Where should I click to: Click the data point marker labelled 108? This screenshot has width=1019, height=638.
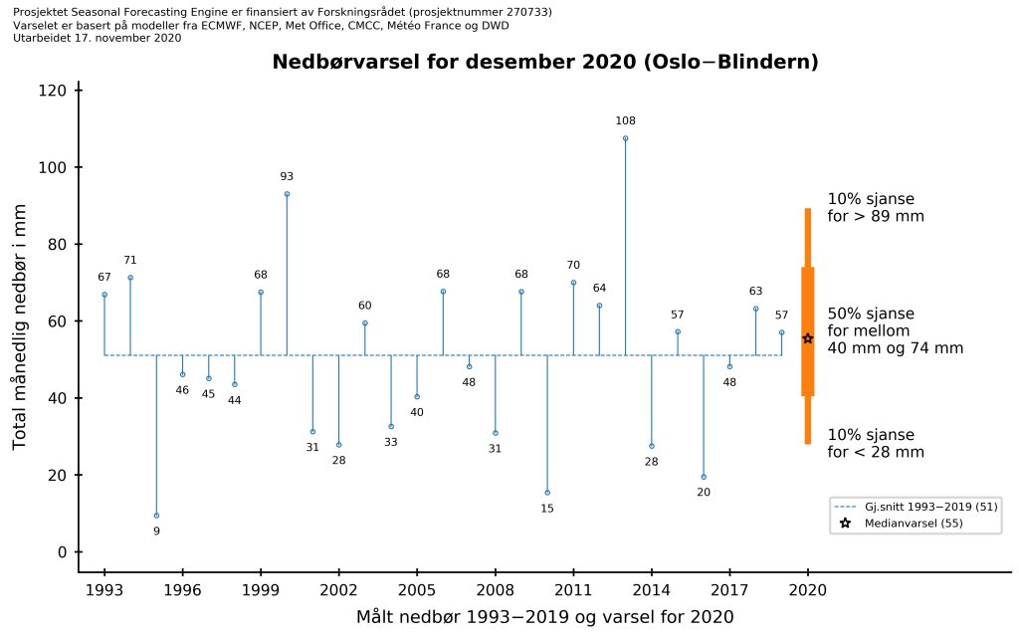625,138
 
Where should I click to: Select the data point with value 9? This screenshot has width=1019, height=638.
156,516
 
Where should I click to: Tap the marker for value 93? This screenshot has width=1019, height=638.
287,194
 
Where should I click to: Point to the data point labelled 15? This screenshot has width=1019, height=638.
547,493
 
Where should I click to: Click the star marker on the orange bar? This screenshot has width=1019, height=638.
808,338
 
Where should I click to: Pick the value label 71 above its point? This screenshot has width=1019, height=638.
130,261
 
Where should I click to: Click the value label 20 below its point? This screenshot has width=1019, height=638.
704,493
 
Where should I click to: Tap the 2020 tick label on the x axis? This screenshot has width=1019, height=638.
808,589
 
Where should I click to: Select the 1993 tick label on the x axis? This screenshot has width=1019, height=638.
104,589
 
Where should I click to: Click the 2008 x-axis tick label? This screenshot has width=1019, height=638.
496,589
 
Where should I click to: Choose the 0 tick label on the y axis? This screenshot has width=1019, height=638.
62,552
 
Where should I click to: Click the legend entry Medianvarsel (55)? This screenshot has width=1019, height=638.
914,524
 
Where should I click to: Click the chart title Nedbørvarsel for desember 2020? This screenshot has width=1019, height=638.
545,63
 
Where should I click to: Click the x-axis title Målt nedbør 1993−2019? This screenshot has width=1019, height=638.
545,617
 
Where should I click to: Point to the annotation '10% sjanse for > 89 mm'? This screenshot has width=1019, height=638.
875,207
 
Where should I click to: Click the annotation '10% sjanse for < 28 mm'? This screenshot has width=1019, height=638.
875,443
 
